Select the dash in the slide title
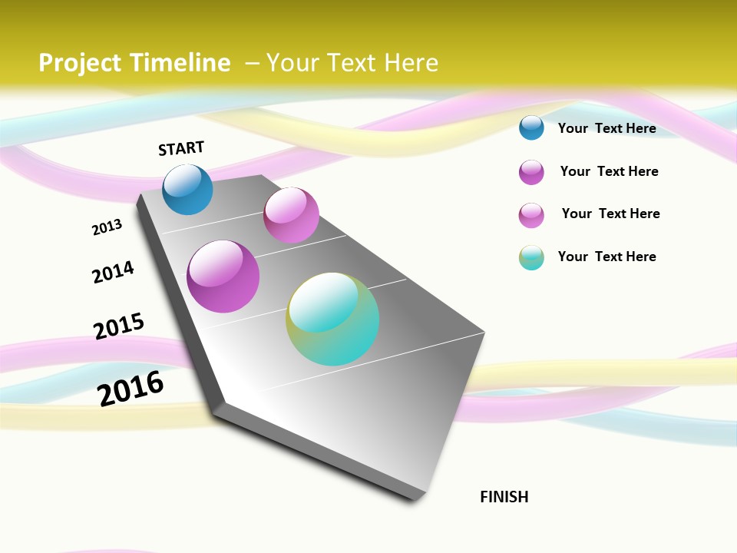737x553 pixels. click(x=252, y=63)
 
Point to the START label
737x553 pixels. click(x=181, y=148)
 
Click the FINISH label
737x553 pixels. click(x=504, y=497)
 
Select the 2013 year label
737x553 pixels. click(x=107, y=227)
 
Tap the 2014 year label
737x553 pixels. click(x=113, y=272)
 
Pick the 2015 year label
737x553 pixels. click(x=119, y=326)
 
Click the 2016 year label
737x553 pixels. click(x=131, y=389)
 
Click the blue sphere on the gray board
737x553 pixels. click(x=187, y=190)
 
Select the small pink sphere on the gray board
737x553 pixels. click(x=291, y=215)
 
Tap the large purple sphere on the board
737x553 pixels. click(x=223, y=276)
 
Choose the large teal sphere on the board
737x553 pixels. click(x=332, y=320)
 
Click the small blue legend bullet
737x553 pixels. click(x=531, y=127)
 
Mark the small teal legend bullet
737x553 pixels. click(x=531, y=257)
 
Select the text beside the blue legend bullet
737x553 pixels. click(x=606, y=128)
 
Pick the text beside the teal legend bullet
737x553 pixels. click(x=606, y=257)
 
